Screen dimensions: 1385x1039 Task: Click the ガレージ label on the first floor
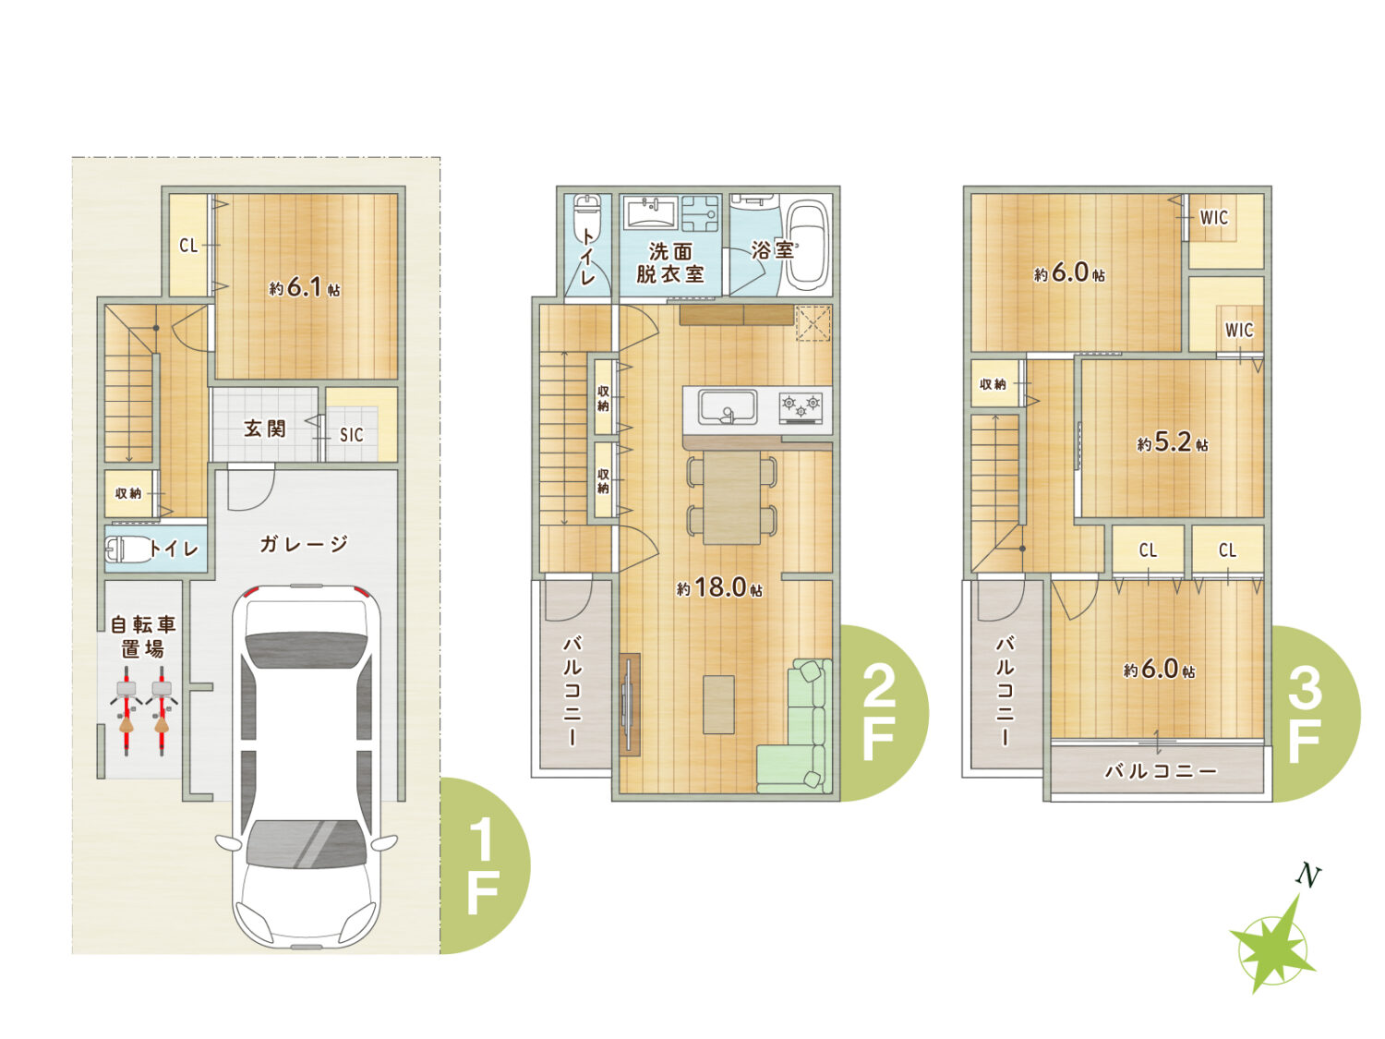coord(304,543)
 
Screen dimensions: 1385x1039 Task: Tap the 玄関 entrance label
coord(265,429)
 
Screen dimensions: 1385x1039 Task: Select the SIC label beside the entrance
coord(352,435)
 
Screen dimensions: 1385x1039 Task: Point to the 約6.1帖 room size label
coord(305,288)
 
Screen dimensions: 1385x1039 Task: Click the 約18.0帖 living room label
coord(719,587)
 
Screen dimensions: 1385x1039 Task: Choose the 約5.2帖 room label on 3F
coord(1173,442)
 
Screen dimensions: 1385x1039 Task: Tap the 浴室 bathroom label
coord(773,249)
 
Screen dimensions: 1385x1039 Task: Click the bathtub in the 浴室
coord(806,246)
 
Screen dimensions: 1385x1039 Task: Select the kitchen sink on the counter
coord(727,407)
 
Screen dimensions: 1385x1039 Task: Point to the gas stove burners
coord(801,405)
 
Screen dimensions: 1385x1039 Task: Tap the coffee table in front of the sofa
coord(718,704)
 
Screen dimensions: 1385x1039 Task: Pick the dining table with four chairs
coord(732,497)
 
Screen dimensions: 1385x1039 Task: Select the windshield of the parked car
coord(306,843)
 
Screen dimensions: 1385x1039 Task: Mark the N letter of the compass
coord(1308,876)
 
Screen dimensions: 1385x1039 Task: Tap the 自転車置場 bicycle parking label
coord(143,637)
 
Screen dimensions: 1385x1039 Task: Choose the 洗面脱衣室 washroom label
coord(670,262)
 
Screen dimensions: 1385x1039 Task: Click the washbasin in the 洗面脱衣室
coord(650,212)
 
